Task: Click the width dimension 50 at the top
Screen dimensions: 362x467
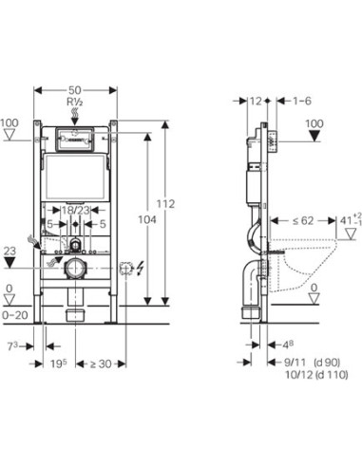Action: click(75, 90)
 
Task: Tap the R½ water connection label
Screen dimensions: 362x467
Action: click(75, 102)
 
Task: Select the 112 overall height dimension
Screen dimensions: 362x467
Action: click(165, 204)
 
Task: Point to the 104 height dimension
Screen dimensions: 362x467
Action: click(147, 219)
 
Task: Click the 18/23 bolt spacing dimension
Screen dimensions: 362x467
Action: click(75, 210)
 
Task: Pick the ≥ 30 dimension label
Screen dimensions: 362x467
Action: click(101, 364)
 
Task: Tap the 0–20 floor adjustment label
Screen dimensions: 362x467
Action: click(15, 315)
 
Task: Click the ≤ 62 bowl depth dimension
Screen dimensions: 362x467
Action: click(303, 220)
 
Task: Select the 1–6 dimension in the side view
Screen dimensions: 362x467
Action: click(302, 101)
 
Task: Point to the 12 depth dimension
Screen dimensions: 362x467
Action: click(256, 101)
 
